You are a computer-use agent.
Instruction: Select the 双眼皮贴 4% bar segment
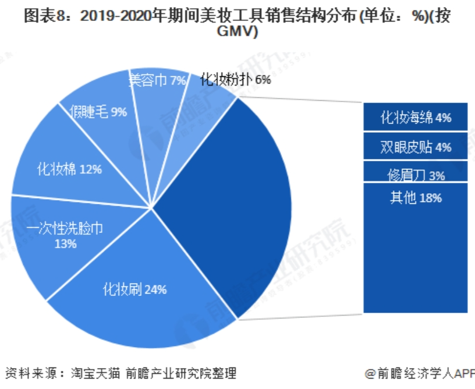[416, 146]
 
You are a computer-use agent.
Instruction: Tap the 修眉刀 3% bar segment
[416, 172]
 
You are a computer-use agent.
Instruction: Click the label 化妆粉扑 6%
[235, 80]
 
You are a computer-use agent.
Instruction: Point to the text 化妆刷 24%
[135, 289]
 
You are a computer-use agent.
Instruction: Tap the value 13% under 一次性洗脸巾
[65, 244]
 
